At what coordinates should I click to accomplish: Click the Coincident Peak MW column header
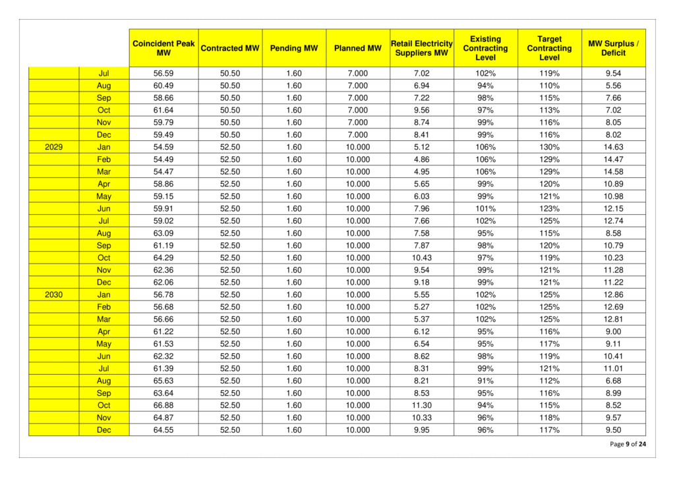[x=163, y=48]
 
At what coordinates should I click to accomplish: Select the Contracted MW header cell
[x=230, y=48]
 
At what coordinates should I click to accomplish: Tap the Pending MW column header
[x=294, y=48]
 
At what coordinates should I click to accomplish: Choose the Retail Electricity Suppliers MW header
[x=421, y=48]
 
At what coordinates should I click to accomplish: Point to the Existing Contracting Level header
[x=485, y=48]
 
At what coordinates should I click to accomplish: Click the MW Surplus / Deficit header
[x=613, y=48]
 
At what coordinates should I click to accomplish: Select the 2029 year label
[x=54, y=147]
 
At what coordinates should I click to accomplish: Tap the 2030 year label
[x=54, y=295]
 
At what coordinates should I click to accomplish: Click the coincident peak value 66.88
[x=163, y=405]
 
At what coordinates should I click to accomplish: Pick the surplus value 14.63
[x=613, y=147]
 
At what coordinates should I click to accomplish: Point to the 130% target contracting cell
[x=549, y=147]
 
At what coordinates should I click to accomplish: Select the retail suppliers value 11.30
[x=421, y=405]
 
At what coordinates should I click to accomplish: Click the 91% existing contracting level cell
[x=485, y=381]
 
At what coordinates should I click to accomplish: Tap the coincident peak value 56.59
[x=163, y=73]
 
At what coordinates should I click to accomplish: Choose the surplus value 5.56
[x=613, y=86]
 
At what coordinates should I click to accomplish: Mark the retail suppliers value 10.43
[x=421, y=258]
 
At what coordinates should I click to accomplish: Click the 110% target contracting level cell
[x=549, y=86]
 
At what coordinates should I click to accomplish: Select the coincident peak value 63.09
[x=163, y=233]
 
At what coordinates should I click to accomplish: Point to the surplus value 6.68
[x=613, y=381]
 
